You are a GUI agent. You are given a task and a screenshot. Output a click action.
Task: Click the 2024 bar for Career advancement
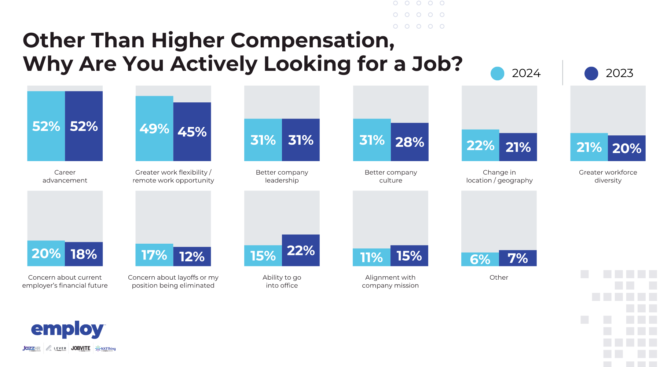click(x=46, y=126)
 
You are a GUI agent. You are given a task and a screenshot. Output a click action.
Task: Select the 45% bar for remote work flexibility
click(x=192, y=131)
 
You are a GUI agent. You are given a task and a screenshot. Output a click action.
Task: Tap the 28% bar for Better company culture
click(x=410, y=142)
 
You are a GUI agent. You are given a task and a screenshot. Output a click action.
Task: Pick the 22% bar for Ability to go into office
click(x=301, y=250)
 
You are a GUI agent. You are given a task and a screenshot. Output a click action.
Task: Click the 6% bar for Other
click(x=480, y=259)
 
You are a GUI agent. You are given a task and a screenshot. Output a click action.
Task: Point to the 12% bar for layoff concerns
click(x=192, y=256)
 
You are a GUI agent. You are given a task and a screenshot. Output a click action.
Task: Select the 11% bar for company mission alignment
click(x=371, y=257)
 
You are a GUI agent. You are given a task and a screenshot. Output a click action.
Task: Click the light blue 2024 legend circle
click(x=497, y=73)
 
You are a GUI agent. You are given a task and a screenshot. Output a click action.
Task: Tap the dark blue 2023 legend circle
click(x=591, y=73)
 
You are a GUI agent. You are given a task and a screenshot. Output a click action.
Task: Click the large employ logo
click(x=68, y=329)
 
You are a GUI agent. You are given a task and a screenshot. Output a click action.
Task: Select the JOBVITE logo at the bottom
click(x=81, y=348)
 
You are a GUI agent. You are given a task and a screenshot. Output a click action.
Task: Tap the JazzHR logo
click(x=32, y=348)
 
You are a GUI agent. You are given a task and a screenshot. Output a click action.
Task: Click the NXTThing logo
click(x=106, y=349)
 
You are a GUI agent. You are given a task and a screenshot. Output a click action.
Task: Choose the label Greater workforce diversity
click(x=608, y=176)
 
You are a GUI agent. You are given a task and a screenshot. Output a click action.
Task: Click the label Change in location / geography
click(x=499, y=176)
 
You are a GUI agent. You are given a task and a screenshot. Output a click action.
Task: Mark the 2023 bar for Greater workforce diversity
click(x=627, y=148)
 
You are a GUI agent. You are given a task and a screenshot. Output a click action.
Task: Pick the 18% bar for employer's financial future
click(x=84, y=254)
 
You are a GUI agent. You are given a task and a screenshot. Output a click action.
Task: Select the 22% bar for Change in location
click(x=480, y=145)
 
